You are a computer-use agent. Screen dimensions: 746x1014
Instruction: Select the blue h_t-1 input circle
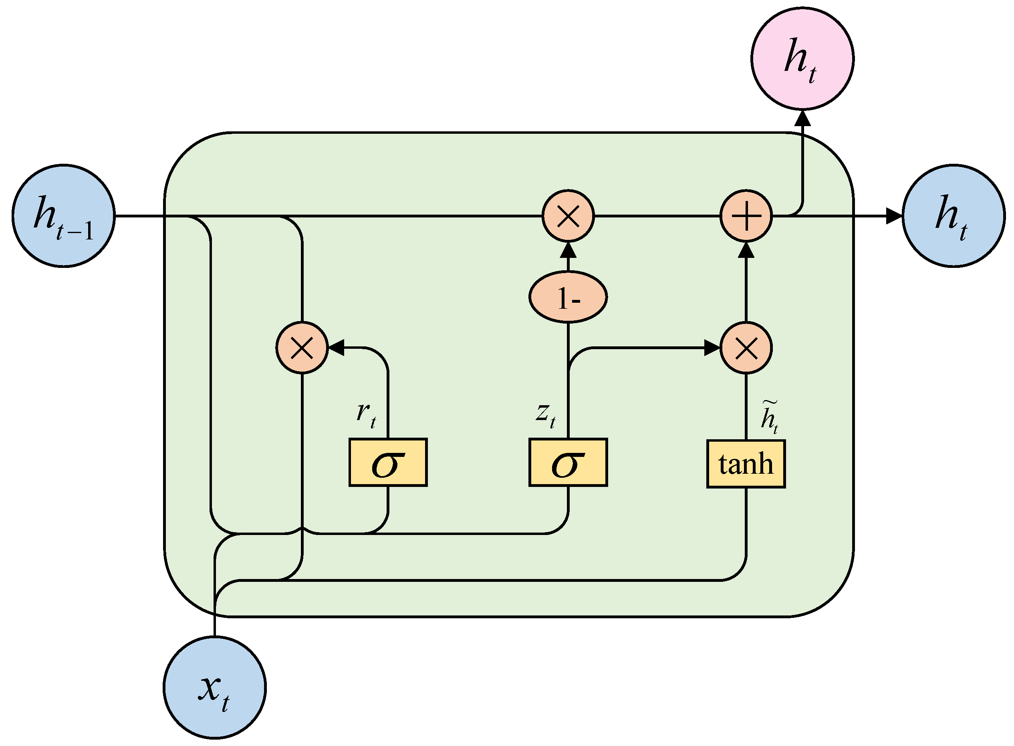(x=64, y=216)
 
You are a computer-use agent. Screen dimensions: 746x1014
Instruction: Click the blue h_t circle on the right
(x=954, y=216)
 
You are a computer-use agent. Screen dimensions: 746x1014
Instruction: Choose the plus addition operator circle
(x=746, y=216)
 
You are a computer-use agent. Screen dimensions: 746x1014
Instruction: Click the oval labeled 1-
(x=568, y=297)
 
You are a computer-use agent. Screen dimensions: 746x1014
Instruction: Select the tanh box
(x=746, y=464)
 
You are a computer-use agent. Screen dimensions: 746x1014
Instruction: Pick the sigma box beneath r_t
(x=388, y=462)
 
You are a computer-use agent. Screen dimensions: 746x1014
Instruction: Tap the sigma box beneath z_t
(x=568, y=462)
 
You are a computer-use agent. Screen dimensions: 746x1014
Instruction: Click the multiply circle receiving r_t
(x=302, y=348)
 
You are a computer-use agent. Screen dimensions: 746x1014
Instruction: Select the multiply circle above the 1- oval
(x=568, y=216)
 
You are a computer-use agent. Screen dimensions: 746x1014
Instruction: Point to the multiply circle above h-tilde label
(x=746, y=348)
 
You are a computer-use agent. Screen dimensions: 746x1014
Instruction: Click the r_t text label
(x=366, y=414)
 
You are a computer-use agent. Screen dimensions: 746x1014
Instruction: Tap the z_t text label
(x=546, y=414)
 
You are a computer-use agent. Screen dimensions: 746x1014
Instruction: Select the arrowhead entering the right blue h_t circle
(x=893, y=216)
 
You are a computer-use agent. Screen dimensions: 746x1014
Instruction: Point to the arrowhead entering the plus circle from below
(x=746, y=250)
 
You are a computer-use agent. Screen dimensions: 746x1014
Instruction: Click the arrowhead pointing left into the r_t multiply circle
(x=336, y=348)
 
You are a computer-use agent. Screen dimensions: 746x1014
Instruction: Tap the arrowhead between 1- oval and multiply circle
(x=568, y=250)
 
